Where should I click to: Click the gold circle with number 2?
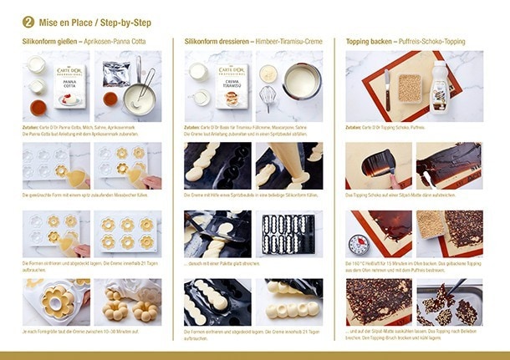coord(28,21)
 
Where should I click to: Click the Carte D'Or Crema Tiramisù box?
coord(231,87)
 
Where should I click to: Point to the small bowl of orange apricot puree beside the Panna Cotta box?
coord(38,107)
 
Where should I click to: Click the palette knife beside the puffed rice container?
coord(387,87)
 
